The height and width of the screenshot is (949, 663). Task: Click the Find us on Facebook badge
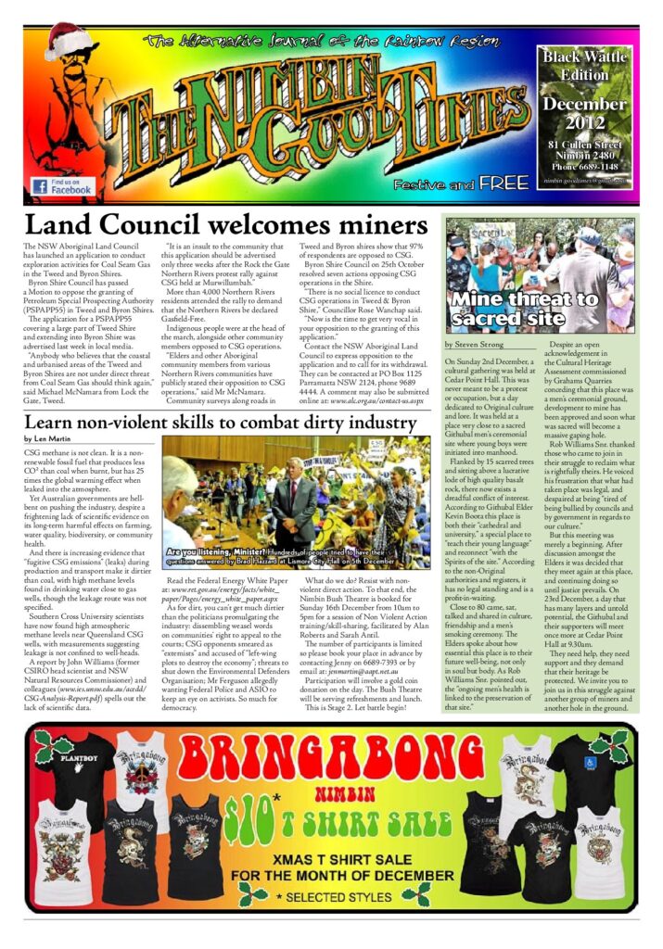pyautogui.click(x=62, y=185)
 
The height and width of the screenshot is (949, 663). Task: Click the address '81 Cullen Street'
pyautogui.click(x=584, y=144)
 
